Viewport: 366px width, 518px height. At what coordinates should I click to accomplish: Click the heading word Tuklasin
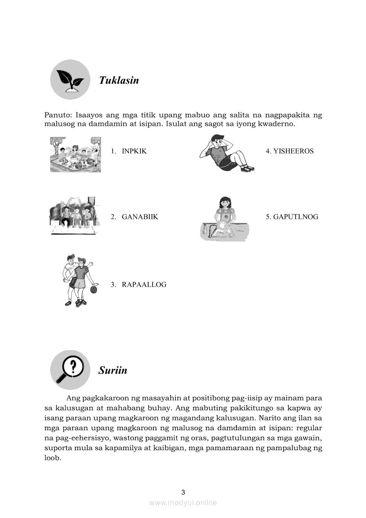click(x=119, y=80)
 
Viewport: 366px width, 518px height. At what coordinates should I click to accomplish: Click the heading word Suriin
click(x=113, y=370)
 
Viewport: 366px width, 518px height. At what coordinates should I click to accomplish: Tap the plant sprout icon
click(x=70, y=80)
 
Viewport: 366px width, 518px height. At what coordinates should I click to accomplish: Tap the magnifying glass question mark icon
click(x=70, y=370)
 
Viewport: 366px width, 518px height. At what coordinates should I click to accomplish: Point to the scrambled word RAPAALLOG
click(x=144, y=284)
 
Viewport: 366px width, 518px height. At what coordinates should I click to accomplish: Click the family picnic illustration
click(x=75, y=154)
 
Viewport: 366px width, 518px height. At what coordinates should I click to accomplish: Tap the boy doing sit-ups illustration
click(x=226, y=153)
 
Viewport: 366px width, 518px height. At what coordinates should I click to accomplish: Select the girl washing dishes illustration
click(x=225, y=219)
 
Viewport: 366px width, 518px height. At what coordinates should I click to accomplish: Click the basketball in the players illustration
click(x=93, y=289)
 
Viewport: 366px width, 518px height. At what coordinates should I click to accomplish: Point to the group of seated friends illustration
click(x=74, y=216)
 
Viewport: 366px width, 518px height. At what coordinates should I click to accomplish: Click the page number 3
click(x=183, y=492)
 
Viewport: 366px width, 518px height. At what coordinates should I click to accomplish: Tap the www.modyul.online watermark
click(x=183, y=502)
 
